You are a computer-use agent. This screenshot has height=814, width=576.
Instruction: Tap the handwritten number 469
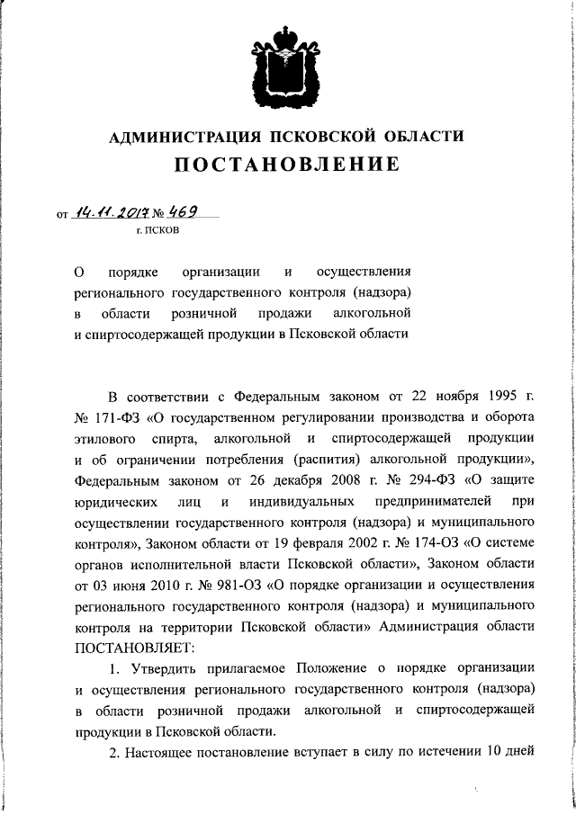[174, 211]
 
